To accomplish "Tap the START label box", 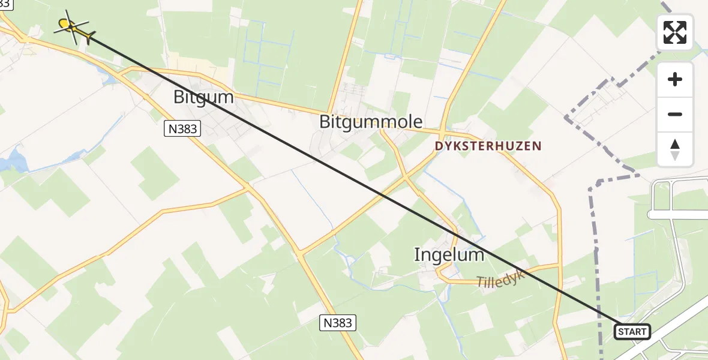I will [x=632, y=331].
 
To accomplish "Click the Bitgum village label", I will [x=203, y=97].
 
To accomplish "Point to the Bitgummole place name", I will [x=371, y=122].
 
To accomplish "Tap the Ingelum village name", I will [x=449, y=255].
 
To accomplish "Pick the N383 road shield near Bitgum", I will [x=182, y=128].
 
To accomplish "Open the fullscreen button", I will [x=675, y=32].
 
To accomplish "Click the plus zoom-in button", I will [x=675, y=79].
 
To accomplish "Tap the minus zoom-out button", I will [x=675, y=114].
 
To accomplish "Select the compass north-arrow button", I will [x=675, y=149].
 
